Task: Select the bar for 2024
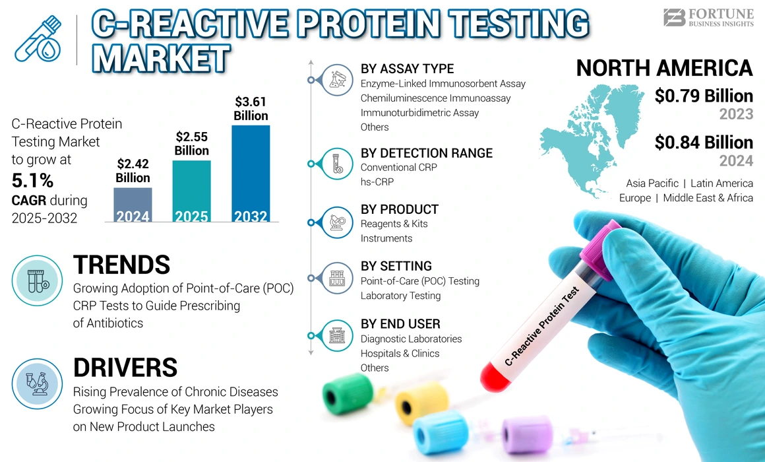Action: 133,205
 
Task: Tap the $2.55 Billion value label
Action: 191,143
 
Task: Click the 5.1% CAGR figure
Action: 32,181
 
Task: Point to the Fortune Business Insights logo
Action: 708,18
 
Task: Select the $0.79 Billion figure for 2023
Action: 704,96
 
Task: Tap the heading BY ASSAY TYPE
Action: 407,69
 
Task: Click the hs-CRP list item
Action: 377,181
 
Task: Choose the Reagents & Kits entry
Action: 394,224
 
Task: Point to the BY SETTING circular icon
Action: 336,277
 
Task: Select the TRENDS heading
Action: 121,265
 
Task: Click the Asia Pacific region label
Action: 652,183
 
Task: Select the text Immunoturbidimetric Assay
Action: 419,113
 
